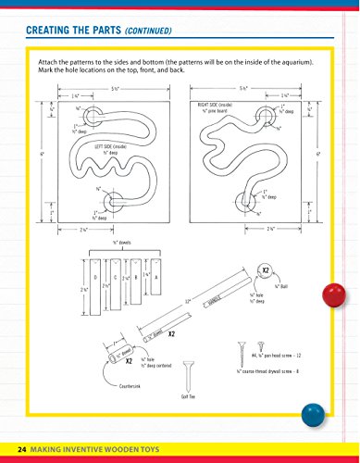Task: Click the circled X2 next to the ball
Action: pyautogui.click(x=265, y=271)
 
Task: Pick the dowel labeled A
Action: pyautogui.click(x=155, y=278)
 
